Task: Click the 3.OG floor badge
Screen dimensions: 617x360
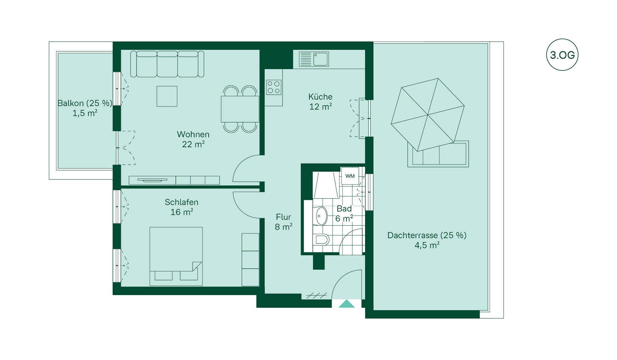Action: tap(562, 55)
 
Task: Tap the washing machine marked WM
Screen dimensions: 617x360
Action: tap(350, 176)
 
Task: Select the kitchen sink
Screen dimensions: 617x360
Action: tap(314, 59)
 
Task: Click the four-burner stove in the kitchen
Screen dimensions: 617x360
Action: tap(274, 87)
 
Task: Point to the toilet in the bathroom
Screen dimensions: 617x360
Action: tap(322, 239)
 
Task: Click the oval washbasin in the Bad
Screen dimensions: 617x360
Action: tap(321, 216)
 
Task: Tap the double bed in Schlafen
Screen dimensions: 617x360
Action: tap(176, 256)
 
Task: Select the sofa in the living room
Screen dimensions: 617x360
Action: tap(167, 64)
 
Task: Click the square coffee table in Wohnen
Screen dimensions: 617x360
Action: tap(167, 96)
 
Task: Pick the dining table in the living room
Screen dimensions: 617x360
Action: tap(240, 109)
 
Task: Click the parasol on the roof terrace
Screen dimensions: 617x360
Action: tap(428, 114)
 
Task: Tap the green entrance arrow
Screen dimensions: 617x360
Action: tap(346, 304)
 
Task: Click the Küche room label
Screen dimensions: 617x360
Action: tap(320, 97)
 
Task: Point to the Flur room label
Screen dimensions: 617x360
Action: tap(283, 217)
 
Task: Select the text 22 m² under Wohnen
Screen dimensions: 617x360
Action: tap(193, 144)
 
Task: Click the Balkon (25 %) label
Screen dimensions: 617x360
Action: tap(85, 103)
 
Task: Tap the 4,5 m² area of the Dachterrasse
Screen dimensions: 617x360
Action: tap(427, 245)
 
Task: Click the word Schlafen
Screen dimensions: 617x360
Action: tap(182, 202)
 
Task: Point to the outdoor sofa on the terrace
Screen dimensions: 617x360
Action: tap(438, 154)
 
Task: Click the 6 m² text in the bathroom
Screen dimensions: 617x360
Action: tap(344, 219)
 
